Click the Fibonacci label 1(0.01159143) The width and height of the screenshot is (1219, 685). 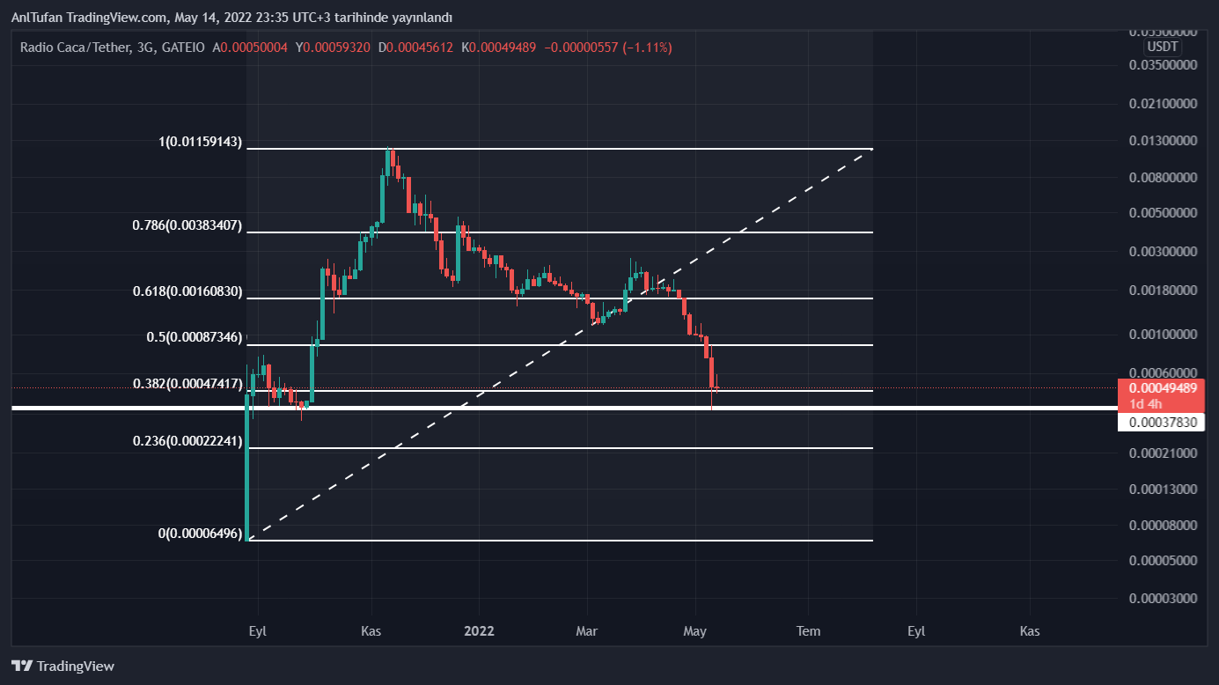coord(200,142)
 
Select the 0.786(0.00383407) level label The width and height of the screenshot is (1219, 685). coord(187,225)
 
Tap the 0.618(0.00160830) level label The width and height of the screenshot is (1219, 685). coord(187,291)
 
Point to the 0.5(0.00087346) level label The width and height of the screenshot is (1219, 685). coord(194,336)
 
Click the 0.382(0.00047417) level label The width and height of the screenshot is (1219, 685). coord(187,384)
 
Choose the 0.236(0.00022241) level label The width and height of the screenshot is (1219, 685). coord(187,441)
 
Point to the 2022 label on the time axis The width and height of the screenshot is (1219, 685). coord(479,630)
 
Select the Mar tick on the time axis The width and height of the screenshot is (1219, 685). coord(586,630)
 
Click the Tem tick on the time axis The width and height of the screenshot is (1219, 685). coord(808,630)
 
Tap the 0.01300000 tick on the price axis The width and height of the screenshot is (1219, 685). coord(1163,140)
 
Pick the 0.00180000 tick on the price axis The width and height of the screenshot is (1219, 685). coord(1163,290)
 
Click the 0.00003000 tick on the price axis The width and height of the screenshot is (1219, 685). coord(1163,599)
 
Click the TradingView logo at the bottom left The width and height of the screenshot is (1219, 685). coord(62,666)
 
